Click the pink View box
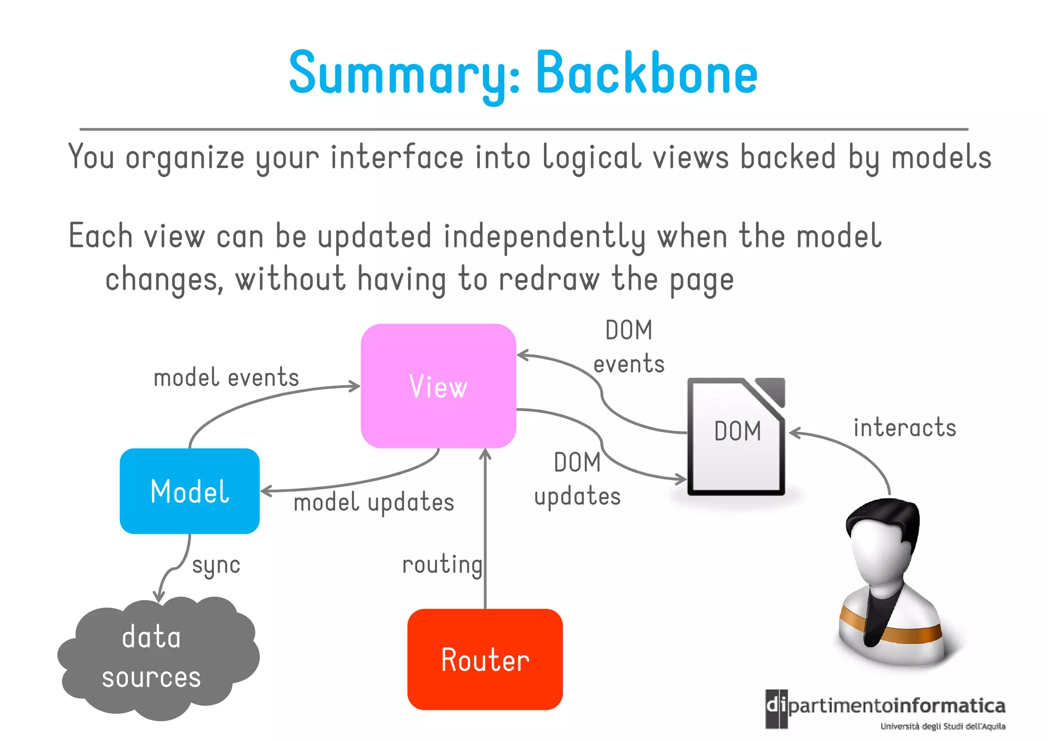[x=438, y=386]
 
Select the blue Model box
[x=189, y=491]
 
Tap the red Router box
[x=485, y=659]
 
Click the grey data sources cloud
[x=154, y=658]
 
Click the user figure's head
[x=883, y=543]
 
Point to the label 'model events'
[x=226, y=378]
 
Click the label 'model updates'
[x=374, y=502]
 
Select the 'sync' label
[x=216, y=565]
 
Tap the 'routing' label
[x=442, y=564]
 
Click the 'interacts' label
[x=904, y=428]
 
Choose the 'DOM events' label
[x=629, y=347]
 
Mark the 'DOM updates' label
[x=577, y=479]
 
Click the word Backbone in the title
[x=646, y=73]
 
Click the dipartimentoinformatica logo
[x=885, y=709]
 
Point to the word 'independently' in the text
[x=544, y=237]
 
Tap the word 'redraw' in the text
[x=549, y=280]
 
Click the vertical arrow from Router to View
[x=485, y=533]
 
